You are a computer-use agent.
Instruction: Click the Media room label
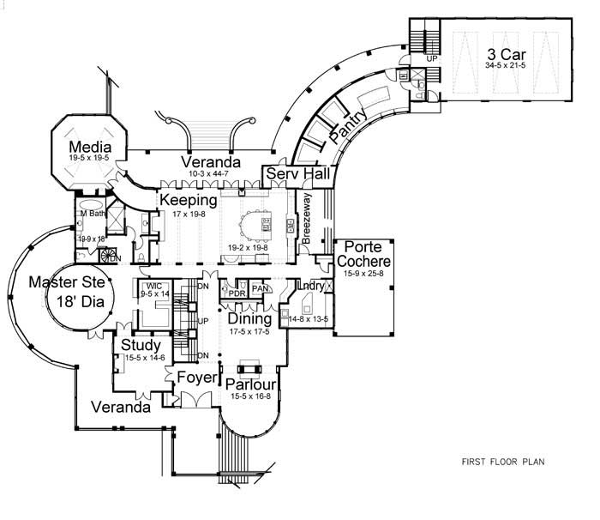pyautogui.click(x=90, y=146)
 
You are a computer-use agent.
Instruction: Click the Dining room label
pyautogui.click(x=249, y=319)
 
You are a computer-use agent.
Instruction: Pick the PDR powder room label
pyautogui.click(x=237, y=293)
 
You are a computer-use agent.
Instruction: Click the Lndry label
pyautogui.click(x=309, y=285)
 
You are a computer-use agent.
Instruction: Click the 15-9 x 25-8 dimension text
pyautogui.click(x=364, y=273)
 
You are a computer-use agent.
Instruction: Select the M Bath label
pyautogui.click(x=92, y=213)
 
